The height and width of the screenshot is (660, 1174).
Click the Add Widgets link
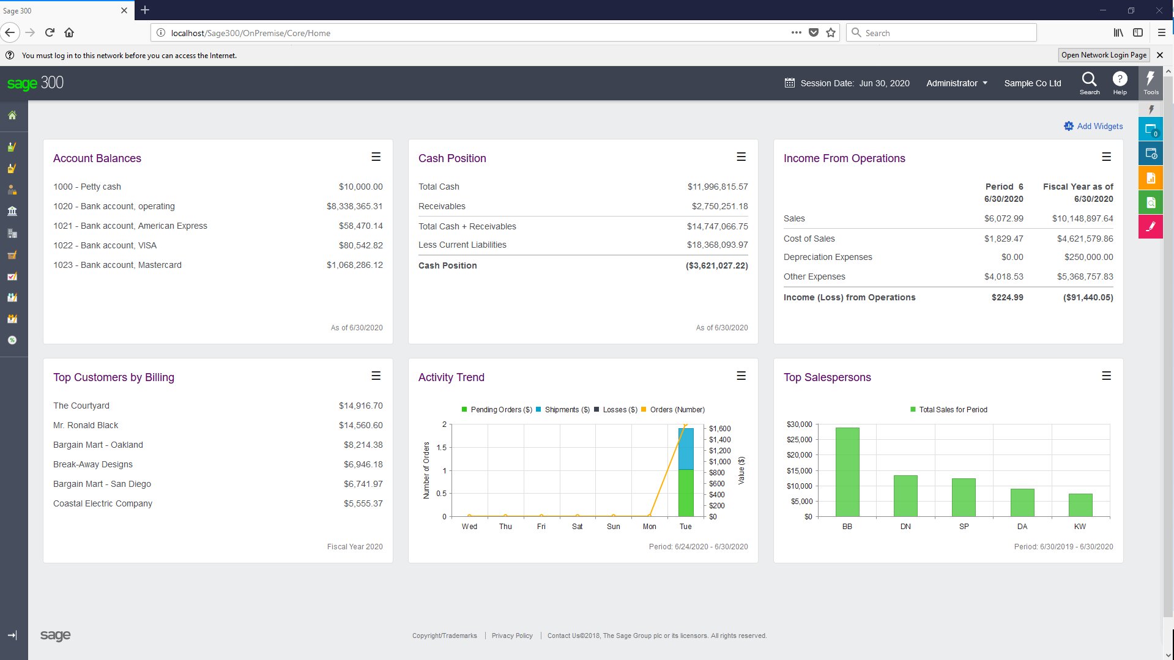1099,126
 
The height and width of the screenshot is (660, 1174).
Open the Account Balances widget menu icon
376,157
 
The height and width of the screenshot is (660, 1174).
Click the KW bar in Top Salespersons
1080,505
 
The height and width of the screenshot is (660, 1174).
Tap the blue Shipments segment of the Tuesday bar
686,448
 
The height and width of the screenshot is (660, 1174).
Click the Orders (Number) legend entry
677,410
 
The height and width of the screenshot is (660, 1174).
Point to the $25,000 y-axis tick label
799,440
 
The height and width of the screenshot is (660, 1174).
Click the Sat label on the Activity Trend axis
577,527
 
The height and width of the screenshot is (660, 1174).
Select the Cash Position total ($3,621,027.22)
716,265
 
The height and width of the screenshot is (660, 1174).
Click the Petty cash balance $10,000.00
360,187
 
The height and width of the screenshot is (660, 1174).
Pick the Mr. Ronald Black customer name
86,425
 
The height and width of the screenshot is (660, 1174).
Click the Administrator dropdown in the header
956,83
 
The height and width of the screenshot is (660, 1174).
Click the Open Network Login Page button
1103,55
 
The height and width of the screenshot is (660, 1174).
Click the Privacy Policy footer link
512,636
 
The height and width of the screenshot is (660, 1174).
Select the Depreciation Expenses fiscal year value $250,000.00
1088,257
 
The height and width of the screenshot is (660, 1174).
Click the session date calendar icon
789,83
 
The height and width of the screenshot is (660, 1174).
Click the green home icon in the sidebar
12,115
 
